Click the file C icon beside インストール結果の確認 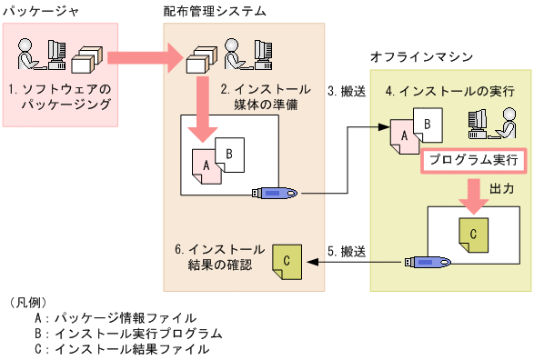coord(287,261)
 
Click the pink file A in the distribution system coord(208,165)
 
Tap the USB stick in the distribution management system coord(278,193)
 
